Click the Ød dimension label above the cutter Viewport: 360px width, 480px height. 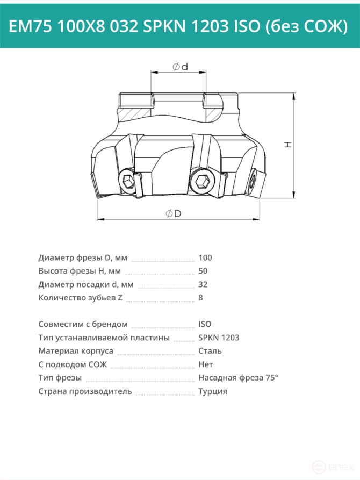pyautogui.click(x=181, y=67)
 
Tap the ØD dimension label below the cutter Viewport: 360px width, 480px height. pyautogui.click(x=173, y=213)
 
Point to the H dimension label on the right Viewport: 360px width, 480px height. pyautogui.click(x=288, y=145)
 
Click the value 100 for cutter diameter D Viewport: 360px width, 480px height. pyautogui.click(x=205, y=258)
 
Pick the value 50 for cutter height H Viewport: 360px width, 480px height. pyautogui.click(x=203, y=271)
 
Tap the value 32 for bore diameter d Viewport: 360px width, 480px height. pyautogui.click(x=203, y=285)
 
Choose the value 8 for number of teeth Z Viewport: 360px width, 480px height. pyautogui.click(x=200, y=298)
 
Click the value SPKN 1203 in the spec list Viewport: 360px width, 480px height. pyautogui.click(x=219, y=338)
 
